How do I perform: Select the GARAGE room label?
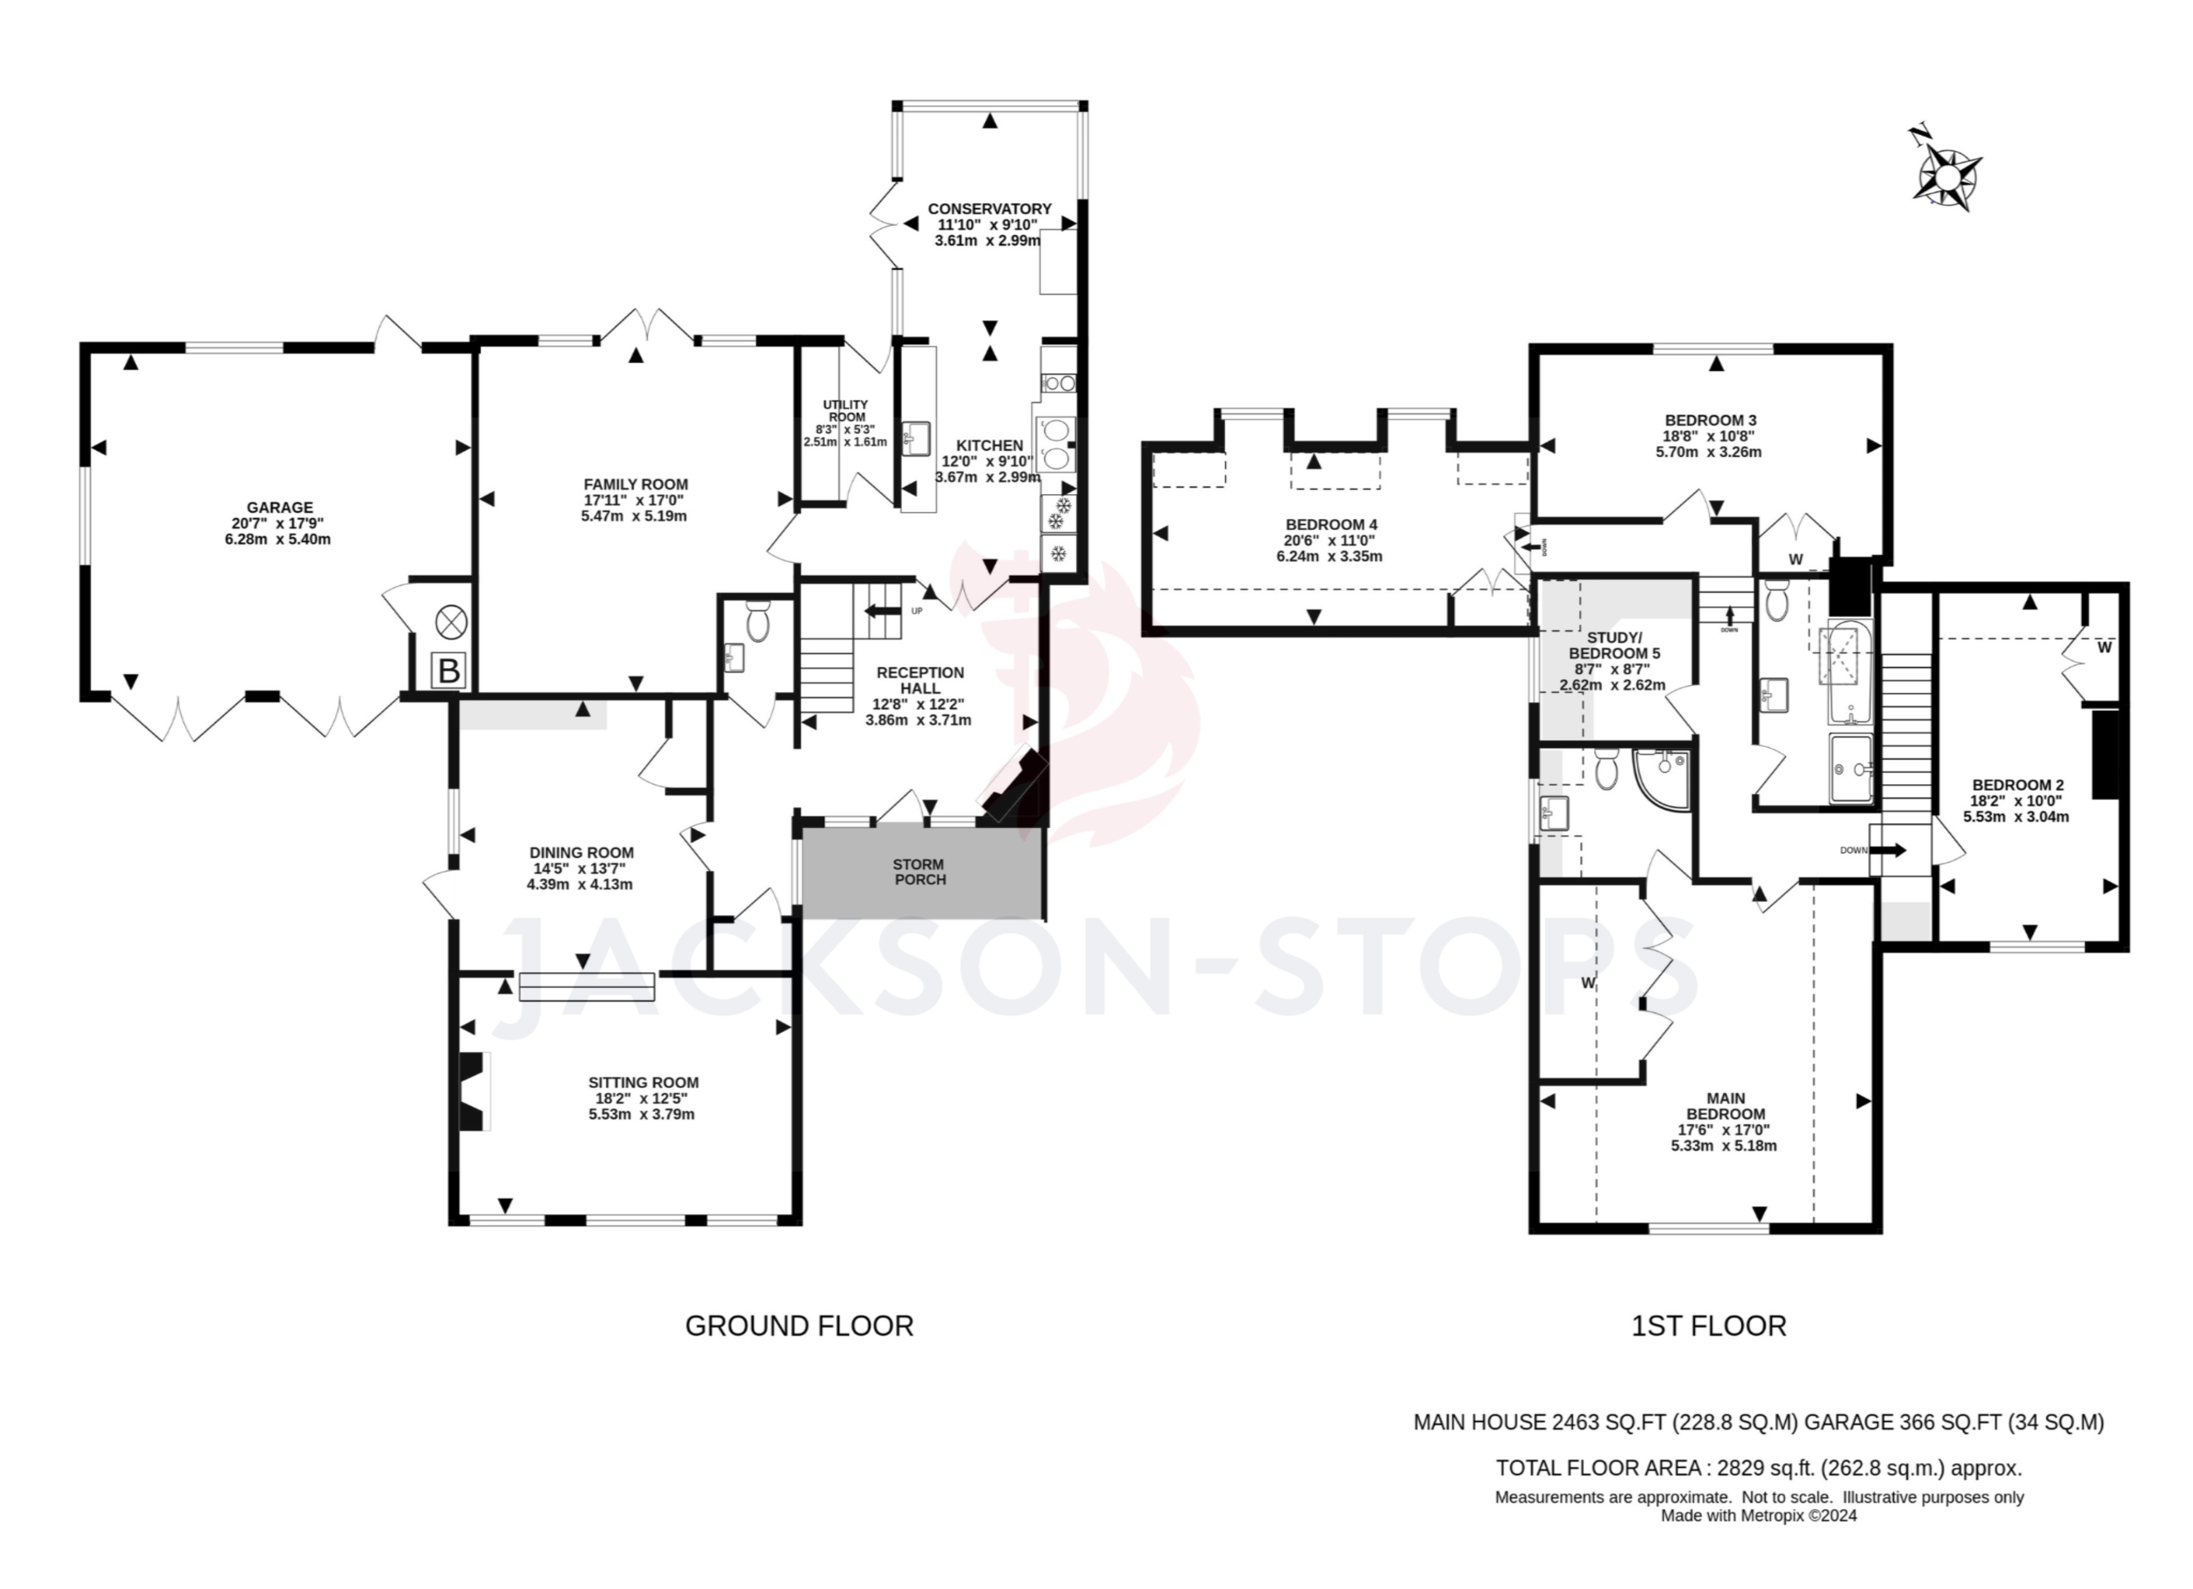pyautogui.click(x=279, y=507)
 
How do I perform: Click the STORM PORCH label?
pyautogui.click(x=919, y=871)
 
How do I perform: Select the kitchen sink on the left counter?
pyautogui.click(x=915, y=438)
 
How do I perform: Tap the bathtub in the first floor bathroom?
pyautogui.click(x=1848, y=674)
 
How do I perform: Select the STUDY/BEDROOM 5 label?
pyautogui.click(x=1613, y=645)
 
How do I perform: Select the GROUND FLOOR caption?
pyautogui.click(x=799, y=1326)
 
